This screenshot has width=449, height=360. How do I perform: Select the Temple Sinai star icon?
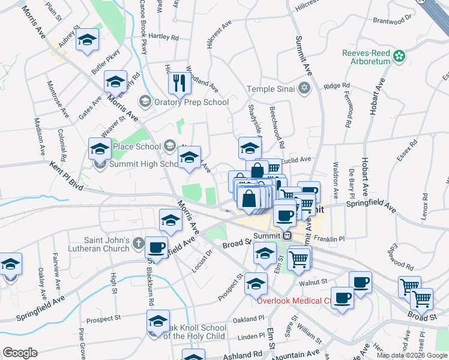click(x=305, y=89)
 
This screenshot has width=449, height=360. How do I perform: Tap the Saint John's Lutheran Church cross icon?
click(x=139, y=243)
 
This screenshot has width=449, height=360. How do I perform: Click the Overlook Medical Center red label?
click(x=295, y=301)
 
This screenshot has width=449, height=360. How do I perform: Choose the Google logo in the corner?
click(x=20, y=353)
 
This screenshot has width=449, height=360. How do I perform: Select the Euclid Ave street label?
click(x=297, y=160)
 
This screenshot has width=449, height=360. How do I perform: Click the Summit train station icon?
click(x=287, y=235)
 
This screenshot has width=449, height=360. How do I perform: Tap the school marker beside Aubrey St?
click(x=88, y=40)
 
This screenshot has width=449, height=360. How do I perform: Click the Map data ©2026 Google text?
click(x=411, y=355)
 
